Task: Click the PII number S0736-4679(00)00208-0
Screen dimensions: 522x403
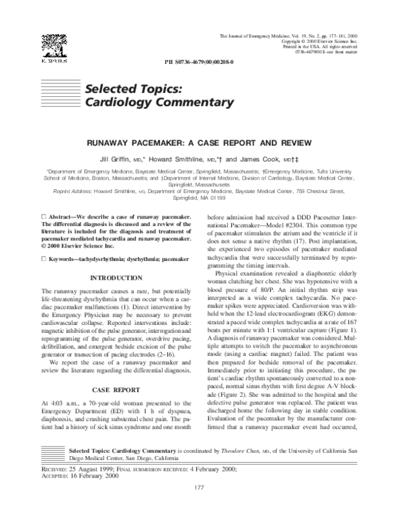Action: [199, 61]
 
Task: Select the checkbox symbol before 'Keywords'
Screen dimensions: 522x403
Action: [44, 259]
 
